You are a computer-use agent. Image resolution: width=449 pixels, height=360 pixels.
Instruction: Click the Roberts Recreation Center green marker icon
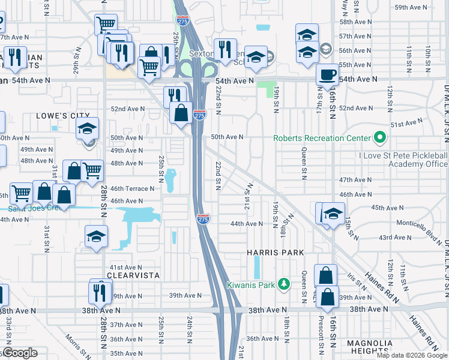point(379,138)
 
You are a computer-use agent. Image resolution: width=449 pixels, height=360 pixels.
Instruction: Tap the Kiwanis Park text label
point(255,284)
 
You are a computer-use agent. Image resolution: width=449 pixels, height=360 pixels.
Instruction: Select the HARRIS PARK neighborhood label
point(276,253)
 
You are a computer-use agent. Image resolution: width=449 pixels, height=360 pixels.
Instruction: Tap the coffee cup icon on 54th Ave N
point(327,74)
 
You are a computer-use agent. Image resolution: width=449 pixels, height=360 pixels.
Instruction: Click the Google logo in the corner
point(19,353)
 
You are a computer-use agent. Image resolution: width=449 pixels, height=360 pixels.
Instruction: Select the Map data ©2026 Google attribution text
point(412,355)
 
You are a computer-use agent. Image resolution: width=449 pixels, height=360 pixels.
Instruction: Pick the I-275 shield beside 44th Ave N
point(203,220)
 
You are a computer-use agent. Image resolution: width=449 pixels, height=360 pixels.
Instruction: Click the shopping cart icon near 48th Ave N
point(92,170)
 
